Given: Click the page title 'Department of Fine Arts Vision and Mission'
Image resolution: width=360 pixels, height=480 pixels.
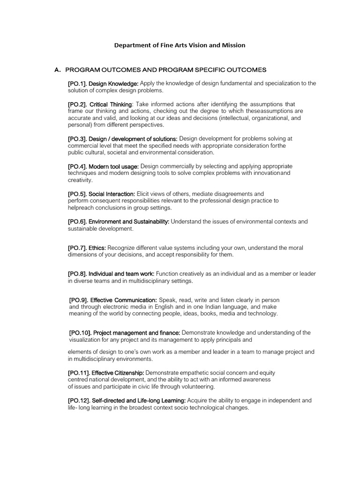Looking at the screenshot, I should point(180,45).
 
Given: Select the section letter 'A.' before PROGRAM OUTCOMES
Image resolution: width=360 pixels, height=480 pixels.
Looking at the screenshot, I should point(58,70).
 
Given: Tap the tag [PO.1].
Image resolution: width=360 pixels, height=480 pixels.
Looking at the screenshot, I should point(77,83).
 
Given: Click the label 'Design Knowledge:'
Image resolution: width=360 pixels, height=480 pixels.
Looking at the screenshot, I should point(113,83).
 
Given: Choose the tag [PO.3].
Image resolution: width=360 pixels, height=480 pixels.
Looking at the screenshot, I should point(77,139).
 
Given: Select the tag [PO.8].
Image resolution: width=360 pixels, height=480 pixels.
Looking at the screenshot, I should point(77,274).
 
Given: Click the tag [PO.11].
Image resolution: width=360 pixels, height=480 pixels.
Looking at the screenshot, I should point(79,373).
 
